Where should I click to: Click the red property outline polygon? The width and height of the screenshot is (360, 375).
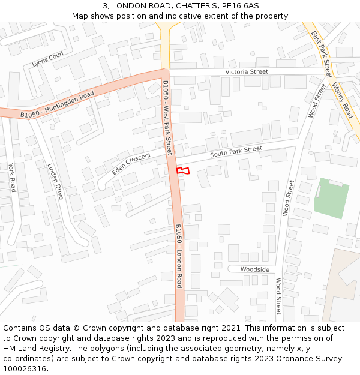(x=183, y=171)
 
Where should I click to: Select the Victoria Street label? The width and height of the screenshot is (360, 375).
(x=247, y=72)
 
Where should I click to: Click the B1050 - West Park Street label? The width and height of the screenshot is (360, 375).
(x=167, y=118)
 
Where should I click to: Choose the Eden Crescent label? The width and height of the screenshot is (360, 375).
(x=131, y=163)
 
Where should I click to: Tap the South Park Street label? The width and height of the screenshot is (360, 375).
(x=236, y=152)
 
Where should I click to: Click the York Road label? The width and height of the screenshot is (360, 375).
(x=11, y=178)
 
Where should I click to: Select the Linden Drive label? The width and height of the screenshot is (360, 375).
(x=55, y=182)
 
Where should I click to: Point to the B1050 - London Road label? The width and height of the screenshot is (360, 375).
(x=178, y=256)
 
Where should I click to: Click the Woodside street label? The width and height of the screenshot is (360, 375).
(x=255, y=269)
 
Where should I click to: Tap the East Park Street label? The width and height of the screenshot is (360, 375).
(x=321, y=54)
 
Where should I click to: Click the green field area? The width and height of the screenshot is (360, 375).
(x=331, y=197)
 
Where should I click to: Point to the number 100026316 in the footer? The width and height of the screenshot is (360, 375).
(x=24, y=368)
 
